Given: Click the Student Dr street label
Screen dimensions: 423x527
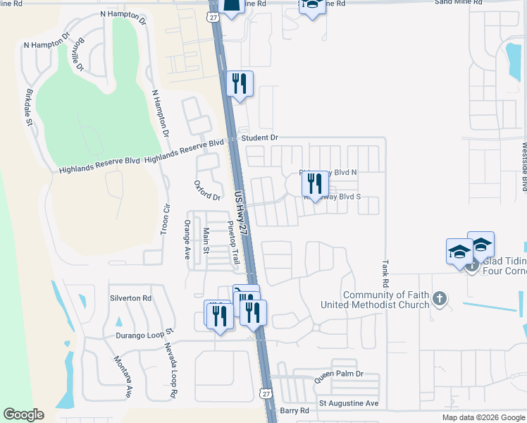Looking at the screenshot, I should [x=260, y=137].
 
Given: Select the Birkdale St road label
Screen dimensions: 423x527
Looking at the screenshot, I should [x=30, y=108].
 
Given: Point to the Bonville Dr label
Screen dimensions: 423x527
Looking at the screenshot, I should [x=77, y=54].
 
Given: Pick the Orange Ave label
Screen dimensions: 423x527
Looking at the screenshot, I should [x=187, y=240].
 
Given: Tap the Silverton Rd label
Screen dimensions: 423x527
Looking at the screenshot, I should [x=130, y=298].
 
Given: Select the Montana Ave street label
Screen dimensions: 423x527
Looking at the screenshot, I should [x=123, y=377].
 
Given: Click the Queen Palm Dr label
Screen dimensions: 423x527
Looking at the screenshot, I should [x=338, y=374].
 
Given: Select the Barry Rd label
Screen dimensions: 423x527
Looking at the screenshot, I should [x=294, y=410].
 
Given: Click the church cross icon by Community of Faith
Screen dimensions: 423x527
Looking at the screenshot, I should [x=440, y=299].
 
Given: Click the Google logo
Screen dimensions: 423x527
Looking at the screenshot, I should [x=23, y=415].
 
